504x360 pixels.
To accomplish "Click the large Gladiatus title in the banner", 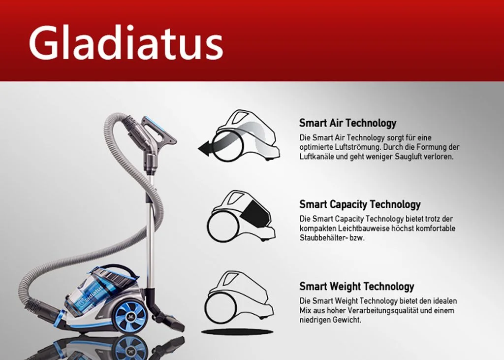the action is coord(126,43).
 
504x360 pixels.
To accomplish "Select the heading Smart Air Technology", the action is coord(347,123).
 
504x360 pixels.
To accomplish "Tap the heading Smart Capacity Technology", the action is coord(360,204).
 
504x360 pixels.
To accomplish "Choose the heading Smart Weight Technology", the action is coord(356,286).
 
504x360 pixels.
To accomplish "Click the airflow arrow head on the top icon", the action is coord(205,149).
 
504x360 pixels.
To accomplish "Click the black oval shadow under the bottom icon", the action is coord(237,332).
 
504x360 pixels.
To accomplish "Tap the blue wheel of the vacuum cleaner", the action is coord(129,317).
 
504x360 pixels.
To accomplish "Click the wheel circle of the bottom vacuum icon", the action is coord(221,307).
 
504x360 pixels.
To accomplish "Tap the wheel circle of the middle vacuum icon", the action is coord(223,227).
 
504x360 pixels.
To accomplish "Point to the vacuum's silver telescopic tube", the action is coord(150,225).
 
